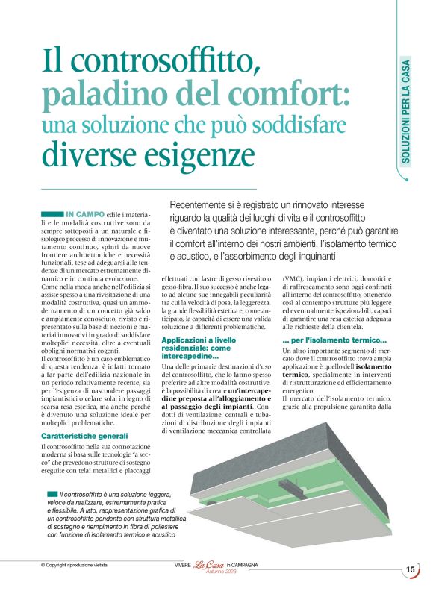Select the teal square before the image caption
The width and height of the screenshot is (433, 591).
pyautogui.click(x=52, y=494)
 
